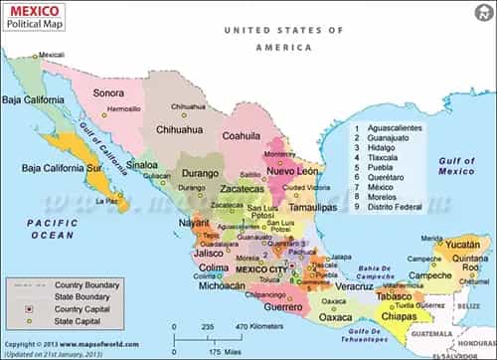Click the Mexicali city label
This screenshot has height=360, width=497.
(x=51, y=55)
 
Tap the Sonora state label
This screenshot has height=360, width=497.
(x=108, y=92)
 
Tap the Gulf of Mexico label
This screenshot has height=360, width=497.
(x=458, y=166)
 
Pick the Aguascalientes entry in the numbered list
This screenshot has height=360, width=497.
(x=395, y=128)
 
